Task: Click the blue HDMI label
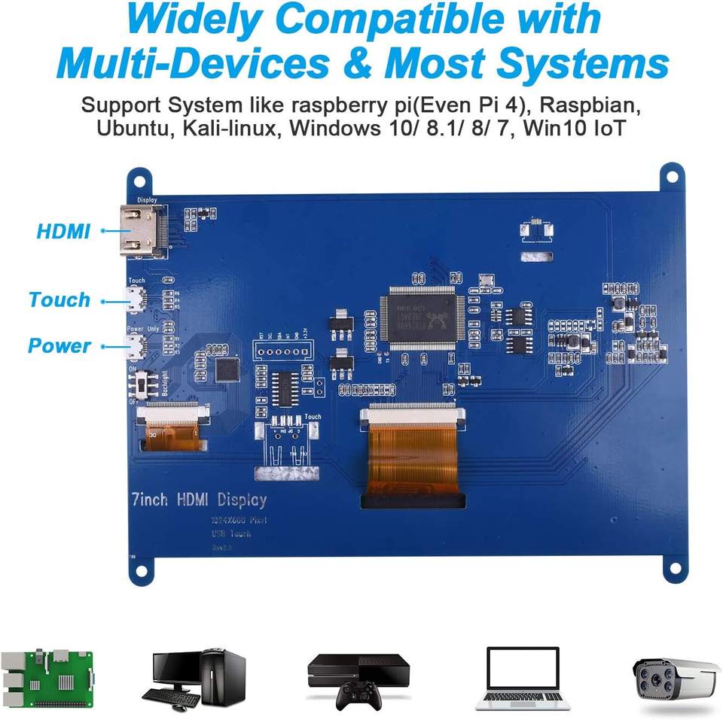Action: (x=63, y=231)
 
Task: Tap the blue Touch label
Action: (x=59, y=299)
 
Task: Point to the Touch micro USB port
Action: (x=136, y=300)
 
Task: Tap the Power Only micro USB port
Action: (x=136, y=347)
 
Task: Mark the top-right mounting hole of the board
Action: (x=670, y=178)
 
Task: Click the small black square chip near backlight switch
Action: (x=227, y=369)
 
